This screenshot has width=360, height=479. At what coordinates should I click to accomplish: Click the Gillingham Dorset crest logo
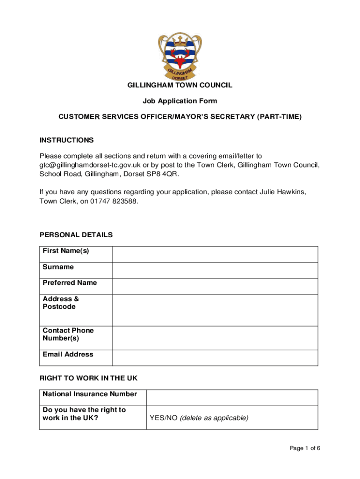click(180, 56)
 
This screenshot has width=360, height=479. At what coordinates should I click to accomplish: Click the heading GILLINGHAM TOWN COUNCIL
click(180, 85)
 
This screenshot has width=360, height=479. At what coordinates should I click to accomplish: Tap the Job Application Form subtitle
click(180, 101)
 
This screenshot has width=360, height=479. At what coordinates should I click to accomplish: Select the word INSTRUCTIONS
click(66, 140)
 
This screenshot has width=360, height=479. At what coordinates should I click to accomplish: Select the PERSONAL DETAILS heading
click(76, 235)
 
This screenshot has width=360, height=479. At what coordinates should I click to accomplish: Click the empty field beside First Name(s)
click(215, 254)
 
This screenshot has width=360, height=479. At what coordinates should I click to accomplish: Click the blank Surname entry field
click(215, 270)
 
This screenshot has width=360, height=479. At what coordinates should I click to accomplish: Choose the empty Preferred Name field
click(215, 286)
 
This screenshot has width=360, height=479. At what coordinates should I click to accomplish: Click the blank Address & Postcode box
click(215, 310)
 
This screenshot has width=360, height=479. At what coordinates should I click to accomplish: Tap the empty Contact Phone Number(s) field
click(215, 338)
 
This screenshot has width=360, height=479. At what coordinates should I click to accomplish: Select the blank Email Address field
click(215, 358)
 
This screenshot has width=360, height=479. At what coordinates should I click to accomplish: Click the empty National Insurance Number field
click(232, 398)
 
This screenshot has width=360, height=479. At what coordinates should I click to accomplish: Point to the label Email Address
click(68, 355)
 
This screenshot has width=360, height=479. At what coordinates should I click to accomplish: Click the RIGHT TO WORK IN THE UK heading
click(88, 378)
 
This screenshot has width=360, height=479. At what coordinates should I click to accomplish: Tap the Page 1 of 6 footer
click(305, 449)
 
